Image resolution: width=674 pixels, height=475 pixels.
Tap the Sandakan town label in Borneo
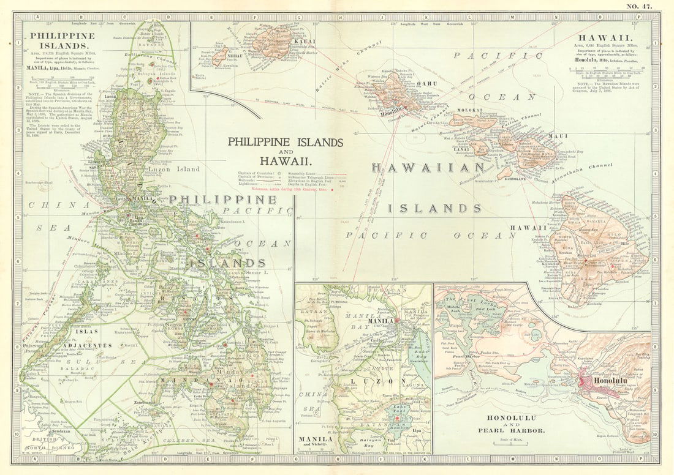tap(54, 430)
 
